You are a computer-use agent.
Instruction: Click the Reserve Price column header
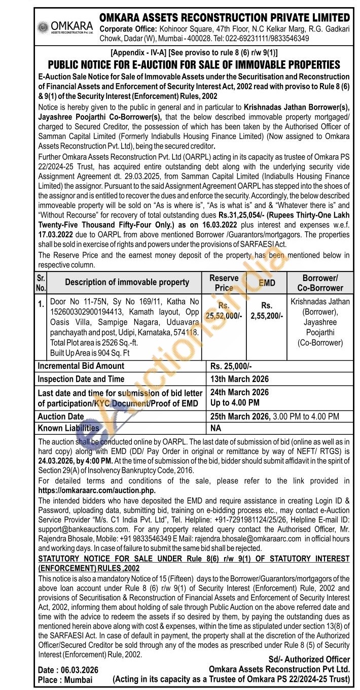[x=224, y=283]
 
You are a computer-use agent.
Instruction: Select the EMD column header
[x=267, y=283]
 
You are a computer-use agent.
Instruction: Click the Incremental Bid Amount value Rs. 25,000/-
[x=231, y=366]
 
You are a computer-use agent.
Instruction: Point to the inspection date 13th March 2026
[x=239, y=379]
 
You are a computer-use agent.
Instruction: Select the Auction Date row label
[x=61, y=417]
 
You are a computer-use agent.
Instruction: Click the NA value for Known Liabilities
[x=215, y=429]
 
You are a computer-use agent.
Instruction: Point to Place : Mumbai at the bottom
[x=65, y=680]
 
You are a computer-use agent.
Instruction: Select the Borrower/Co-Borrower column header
[x=320, y=283]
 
